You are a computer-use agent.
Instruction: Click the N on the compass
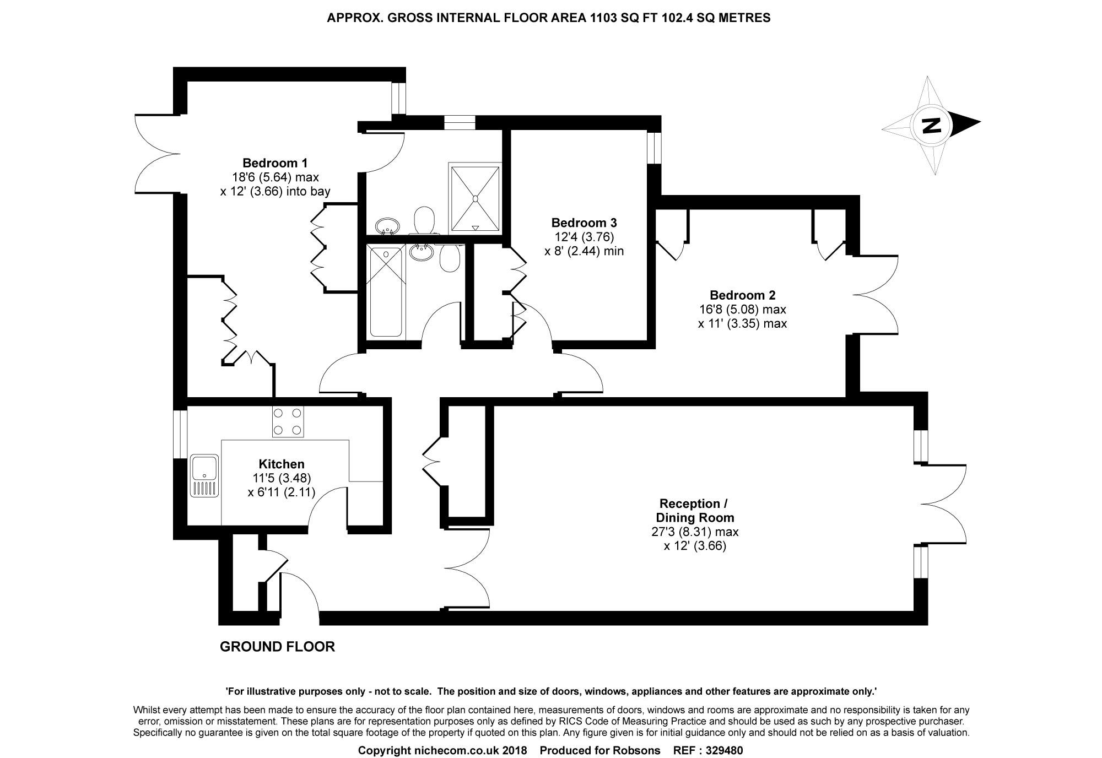point(932,126)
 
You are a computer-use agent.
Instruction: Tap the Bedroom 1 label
point(275,163)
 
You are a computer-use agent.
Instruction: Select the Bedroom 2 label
point(742,295)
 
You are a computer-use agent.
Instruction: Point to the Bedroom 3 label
point(584,223)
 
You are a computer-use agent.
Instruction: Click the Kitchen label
point(282,464)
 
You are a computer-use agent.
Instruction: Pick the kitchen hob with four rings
point(287,421)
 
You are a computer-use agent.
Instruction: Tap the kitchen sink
point(204,475)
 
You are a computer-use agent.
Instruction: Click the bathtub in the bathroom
point(386,292)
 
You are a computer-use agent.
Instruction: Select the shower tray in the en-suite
point(476,197)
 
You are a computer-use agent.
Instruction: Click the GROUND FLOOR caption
point(277,647)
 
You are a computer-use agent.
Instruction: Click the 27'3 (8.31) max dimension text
point(695,532)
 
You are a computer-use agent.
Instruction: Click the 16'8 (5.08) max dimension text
point(742,310)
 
